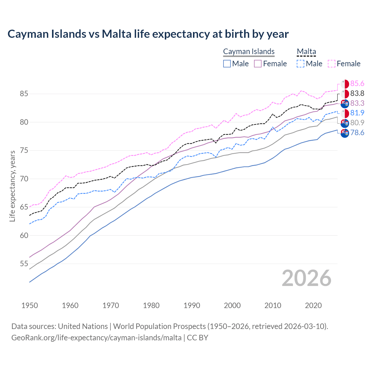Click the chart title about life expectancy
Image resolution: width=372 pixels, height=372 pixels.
coord(148,34)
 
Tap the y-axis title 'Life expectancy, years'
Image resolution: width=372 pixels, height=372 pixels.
coord(12,186)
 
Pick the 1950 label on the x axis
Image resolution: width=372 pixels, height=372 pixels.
coord(30,305)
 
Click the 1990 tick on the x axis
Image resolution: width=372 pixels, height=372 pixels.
coord(192,305)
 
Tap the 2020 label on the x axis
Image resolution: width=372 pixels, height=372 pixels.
coord(313,305)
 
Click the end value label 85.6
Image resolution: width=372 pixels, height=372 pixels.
coord(357,84)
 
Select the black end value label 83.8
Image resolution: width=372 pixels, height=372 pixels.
coord(357,94)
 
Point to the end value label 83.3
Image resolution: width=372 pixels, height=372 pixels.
coord(357,103)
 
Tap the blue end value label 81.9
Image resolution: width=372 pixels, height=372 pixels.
coord(357,113)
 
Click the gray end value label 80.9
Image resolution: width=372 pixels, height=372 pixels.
coord(357,123)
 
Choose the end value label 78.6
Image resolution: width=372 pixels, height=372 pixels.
coord(357,133)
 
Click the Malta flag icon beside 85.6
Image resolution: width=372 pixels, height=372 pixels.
coord(345,84)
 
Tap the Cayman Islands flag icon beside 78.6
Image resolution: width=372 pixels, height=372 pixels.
coord(345,133)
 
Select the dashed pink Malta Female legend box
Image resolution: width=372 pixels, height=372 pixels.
coord(332,64)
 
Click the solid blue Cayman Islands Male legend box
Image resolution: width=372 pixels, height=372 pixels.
coord(227,64)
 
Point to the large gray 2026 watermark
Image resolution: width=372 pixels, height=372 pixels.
coord(306,278)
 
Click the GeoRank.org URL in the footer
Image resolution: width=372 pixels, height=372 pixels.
coord(96,338)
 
